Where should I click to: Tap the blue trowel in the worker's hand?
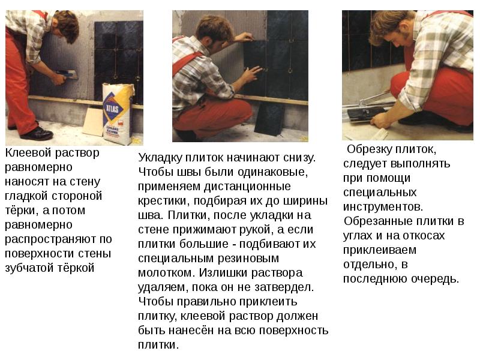click(x=67, y=74)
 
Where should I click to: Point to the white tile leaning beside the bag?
click(x=93, y=122)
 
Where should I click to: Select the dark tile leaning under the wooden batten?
click(x=269, y=119)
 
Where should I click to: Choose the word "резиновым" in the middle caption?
click(x=248, y=259)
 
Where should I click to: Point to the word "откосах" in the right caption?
click(x=424, y=236)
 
